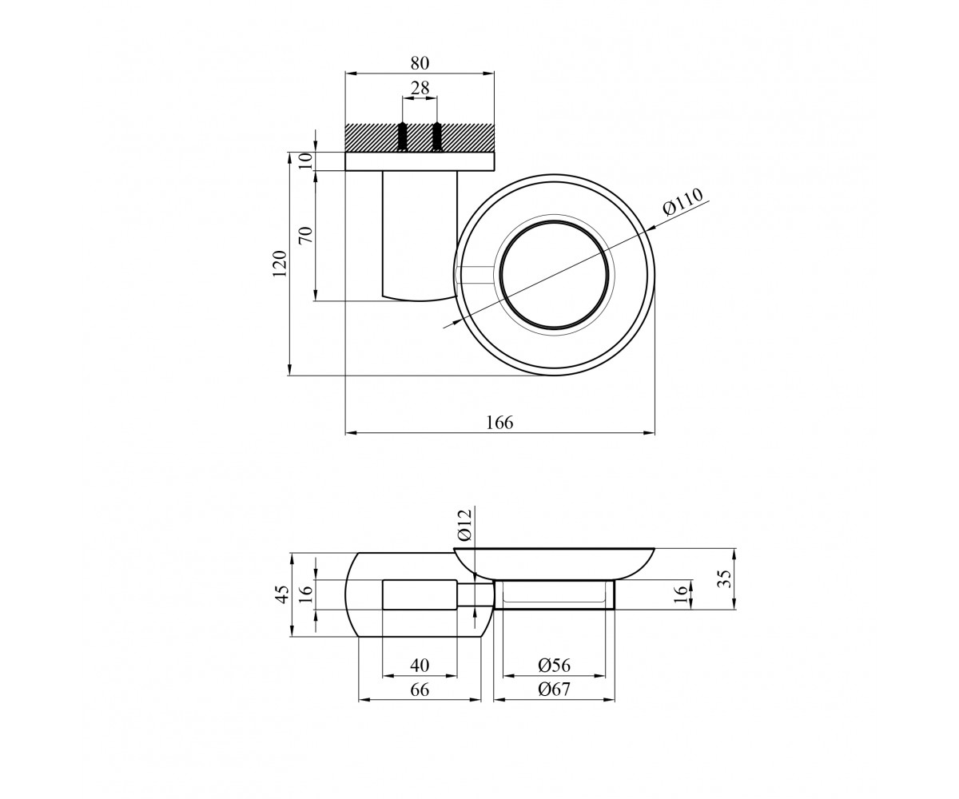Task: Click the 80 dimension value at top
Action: pos(420,63)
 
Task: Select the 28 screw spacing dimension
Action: pos(420,88)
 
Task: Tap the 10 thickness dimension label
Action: pos(306,161)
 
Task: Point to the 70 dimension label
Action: pos(306,235)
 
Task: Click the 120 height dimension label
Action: pos(280,263)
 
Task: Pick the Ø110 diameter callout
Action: pos(683,202)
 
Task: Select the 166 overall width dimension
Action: pos(499,423)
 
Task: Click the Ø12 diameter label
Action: pos(465,525)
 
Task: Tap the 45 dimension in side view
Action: pos(281,594)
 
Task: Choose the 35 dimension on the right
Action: pos(723,578)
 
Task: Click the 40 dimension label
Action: pos(420,666)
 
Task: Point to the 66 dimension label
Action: pos(420,690)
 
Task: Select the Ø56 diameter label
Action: pos(555,666)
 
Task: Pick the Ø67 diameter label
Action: pos(555,690)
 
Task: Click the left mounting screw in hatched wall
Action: pos(402,137)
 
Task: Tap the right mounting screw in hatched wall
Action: pos(437,137)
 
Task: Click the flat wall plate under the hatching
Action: pos(420,161)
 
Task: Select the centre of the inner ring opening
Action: pos(555,276)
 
